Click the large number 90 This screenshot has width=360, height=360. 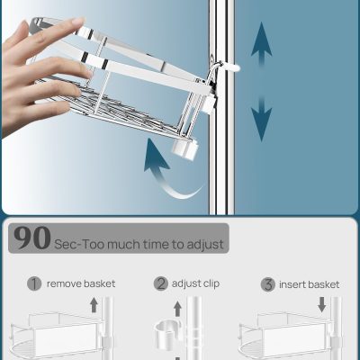point(32,238)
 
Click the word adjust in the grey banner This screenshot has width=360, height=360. point(205,245)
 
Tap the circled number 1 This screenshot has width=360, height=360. point(34,283)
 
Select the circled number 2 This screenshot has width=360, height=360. point(161,283)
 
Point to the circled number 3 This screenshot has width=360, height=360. point(268,284)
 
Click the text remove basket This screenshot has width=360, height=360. point(81,283)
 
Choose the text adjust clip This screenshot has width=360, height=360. point(195,283)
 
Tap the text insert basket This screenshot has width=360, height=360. point(310,284)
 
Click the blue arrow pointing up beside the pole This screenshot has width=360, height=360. point(262,43)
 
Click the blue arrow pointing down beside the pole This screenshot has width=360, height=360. point(262,120)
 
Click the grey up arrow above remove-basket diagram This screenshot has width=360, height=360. point(94,304)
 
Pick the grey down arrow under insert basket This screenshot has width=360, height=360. point(322,304)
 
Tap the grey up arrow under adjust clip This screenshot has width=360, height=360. point(177,309)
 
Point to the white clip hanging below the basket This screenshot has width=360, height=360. point(185,148)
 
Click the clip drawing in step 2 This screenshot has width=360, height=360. point(167,335)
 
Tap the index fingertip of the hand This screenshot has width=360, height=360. point(79,22)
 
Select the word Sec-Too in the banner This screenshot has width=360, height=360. point(79,245)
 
